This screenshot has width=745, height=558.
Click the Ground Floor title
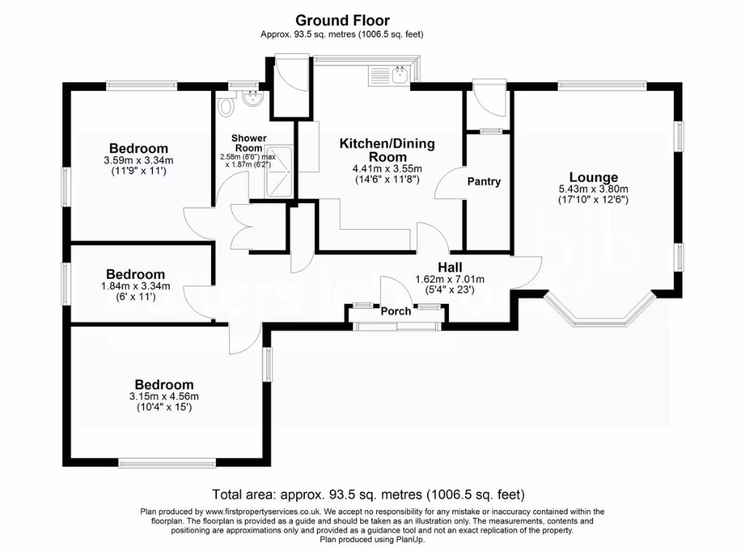[342, 20]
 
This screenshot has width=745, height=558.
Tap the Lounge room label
[593, 177]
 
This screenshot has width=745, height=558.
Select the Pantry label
[484, 182]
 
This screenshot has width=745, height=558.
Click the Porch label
[397, 311]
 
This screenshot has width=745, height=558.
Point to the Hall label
[449, 267]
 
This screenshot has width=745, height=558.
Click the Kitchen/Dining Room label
[387, 150]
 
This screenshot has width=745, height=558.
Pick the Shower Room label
[249, 143]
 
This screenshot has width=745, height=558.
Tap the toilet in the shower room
[225, 106]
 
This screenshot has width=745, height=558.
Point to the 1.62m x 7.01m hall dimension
[449, 278]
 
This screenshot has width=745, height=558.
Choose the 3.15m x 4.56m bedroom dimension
[164, 396]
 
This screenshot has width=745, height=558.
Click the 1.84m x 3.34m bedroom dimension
[135, 286]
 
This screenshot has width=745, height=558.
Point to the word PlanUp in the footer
[410, 539]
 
